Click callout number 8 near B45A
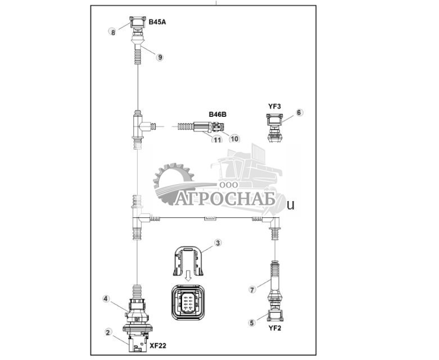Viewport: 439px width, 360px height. pos(113,32)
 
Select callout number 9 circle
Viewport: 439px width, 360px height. pos(160,57)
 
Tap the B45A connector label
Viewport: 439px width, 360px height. pos(157,22)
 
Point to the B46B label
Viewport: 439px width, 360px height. pos(218,115)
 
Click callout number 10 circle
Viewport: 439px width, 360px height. pos(234,138)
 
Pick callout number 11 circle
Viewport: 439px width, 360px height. pos(217,139)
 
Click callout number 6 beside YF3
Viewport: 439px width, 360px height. pos(299,112)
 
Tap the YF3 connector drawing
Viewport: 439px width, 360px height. pos(274,126)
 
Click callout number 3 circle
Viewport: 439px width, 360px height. pos(218,243)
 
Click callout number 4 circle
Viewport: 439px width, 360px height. pos(105,299)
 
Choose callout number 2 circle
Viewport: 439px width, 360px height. pos(108,332)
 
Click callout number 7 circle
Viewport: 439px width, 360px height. pos(252,289)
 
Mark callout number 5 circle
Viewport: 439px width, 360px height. pos(252,322)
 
